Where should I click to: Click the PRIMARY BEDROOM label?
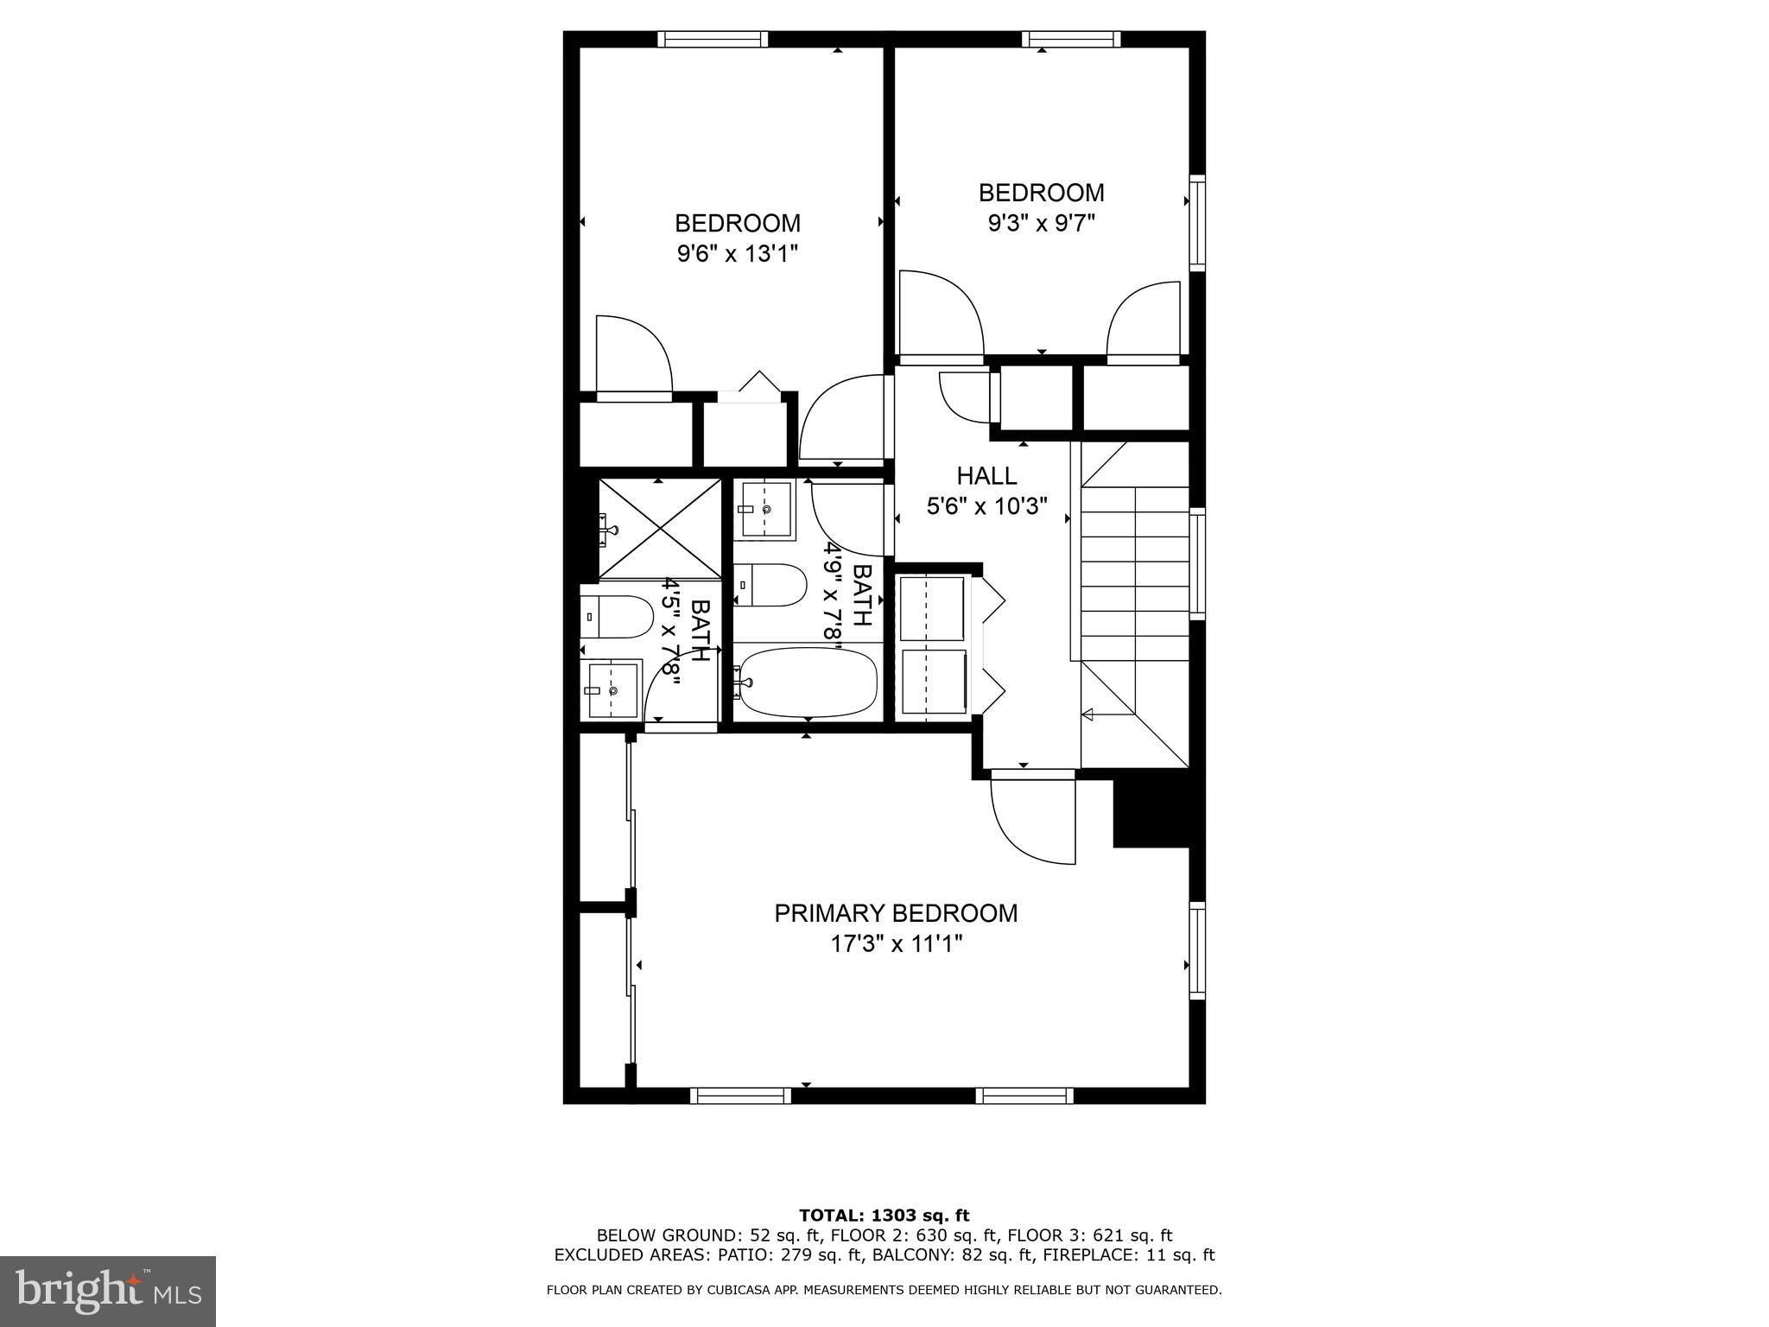(896, 913)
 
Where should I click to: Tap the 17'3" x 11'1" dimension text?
(896, 944)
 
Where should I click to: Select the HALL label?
(986, 476)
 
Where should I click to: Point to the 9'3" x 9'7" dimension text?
(1041, 224)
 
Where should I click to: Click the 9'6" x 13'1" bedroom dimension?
(737, 254)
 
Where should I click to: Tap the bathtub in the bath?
(808, 683)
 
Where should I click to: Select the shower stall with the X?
(660, 528)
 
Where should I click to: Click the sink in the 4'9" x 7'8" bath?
(764, 510)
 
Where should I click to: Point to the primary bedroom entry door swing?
(1032, 821)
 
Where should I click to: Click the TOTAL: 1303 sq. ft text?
(884, 1216)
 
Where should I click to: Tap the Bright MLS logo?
(108, 1291)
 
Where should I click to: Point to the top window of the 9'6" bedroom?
(713, 39)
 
